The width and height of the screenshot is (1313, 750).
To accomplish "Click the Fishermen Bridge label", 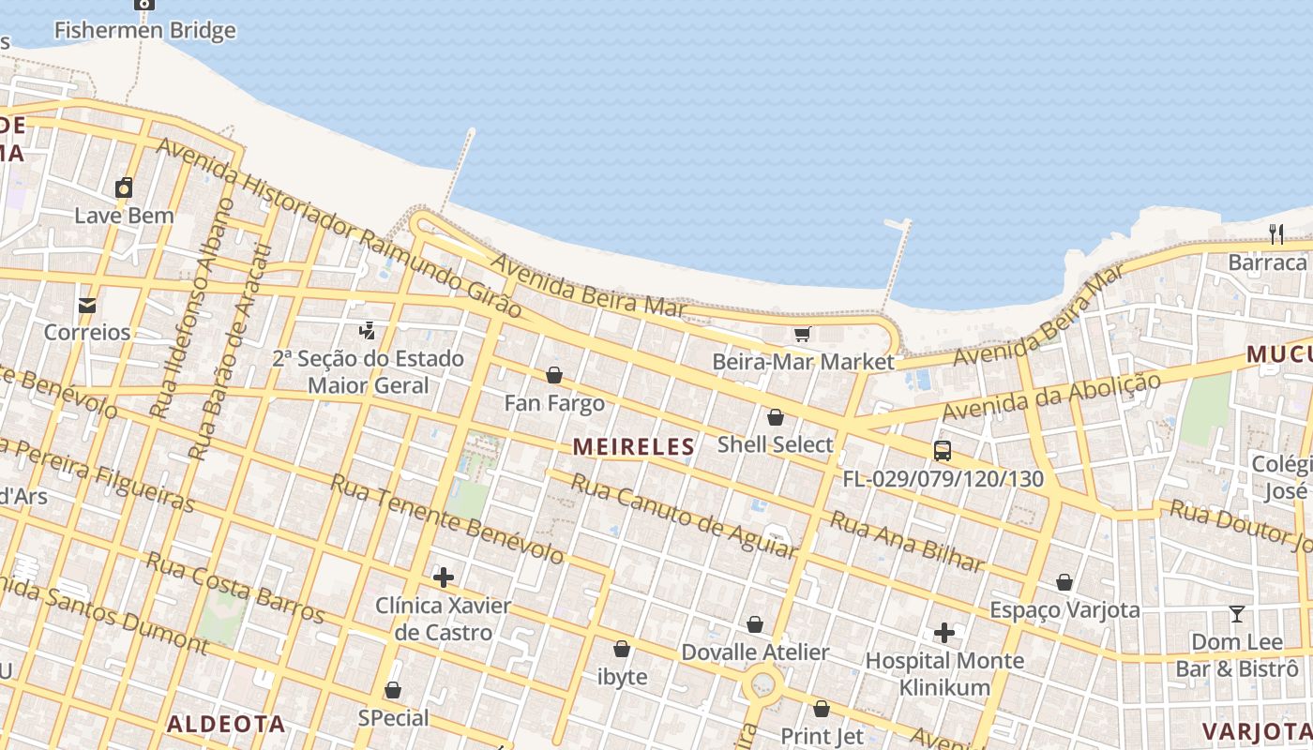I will [144, 31].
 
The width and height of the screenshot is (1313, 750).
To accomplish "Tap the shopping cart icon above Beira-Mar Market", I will [802, 335].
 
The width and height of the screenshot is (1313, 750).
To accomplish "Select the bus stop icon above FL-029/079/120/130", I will [943, 451].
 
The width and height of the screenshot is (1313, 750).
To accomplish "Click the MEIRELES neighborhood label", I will [634, 447].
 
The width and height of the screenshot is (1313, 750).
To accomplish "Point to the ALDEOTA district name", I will [226, 724].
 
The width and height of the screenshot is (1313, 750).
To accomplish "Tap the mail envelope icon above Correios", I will [87, 305].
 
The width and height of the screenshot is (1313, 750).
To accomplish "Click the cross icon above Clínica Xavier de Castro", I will [444, 577].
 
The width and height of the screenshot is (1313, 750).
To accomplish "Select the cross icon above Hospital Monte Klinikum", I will [944, 634].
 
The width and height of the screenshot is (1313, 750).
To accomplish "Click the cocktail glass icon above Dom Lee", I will [1237, 614].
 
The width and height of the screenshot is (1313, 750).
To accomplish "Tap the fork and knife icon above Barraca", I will [1275, 234].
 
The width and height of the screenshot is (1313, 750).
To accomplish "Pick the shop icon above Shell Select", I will [776, 417].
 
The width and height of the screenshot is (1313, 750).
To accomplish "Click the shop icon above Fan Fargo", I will [554, 375].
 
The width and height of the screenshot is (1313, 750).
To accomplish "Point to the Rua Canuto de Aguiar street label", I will [685, 516].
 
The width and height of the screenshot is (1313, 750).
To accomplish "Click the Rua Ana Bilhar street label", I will [907, 543].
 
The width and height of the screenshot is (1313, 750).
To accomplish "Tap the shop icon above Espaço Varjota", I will [1064, 582].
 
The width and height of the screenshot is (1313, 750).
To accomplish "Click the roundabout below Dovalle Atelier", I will [763, 685].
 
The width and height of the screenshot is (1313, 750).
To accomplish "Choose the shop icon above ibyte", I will [622, 649].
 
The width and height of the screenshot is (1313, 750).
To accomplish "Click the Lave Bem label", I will [124, 216].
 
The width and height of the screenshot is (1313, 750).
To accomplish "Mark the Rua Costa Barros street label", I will [234, 588].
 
